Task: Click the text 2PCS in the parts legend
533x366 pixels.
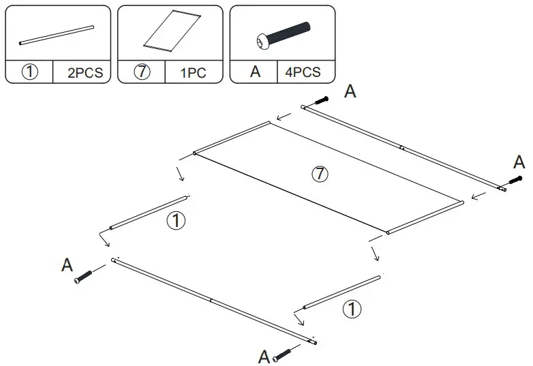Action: pyautogui.click(x=85, y=72)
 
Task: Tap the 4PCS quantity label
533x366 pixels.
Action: pyautogui.click(x=302, y=72)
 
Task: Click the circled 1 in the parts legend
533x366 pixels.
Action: pyautogui.click(x=30, y=72)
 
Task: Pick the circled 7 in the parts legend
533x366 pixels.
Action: pyautogui.click(x=142, y=72)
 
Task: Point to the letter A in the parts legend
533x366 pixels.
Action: pyautogui.click(x=255, y=72)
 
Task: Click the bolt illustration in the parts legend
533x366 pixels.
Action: pyautogui.click(x=282, y=34)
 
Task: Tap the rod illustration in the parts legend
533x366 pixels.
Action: pyautogui.click(x=57, y=35)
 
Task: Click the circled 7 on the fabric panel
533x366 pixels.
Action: pyautogui.click(x=319, y=174)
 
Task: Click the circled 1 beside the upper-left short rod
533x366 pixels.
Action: pyautogui.click(x=175, y=221)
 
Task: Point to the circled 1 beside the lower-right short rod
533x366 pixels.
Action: pyautogui.click(x=351, y=310)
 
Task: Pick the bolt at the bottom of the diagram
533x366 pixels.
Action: pyautogui.click(x=282, y=354)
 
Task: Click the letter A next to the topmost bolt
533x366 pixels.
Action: pyautogui.click(x=350, y=92)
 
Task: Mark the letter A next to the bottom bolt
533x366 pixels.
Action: pyautogui.click(x=264, y=356)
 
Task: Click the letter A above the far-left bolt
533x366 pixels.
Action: pyautogui.click(x=67, y=265)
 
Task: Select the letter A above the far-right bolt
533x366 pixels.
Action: pyautogui.click(x=519, y=162)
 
